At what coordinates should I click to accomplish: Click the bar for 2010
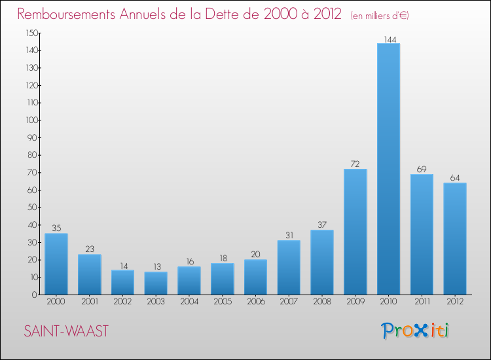click(388, 169)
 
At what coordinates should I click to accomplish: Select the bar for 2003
click(156, 283)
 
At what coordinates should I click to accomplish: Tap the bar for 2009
click(355, 232)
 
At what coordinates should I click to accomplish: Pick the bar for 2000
click(56, 264)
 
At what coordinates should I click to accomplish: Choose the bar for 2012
click(454, 238)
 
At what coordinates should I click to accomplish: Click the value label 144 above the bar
click(389, 39)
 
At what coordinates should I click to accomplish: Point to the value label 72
click(355, 164)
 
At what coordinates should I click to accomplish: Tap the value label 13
click(156, 267)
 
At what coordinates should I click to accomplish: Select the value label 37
click(322, 225)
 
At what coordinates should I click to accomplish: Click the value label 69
click(422, 170)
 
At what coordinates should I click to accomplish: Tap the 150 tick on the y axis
click(31, 33)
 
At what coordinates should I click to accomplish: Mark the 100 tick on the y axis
click(31, 120)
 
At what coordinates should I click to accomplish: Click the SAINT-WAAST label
click(65, 331)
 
